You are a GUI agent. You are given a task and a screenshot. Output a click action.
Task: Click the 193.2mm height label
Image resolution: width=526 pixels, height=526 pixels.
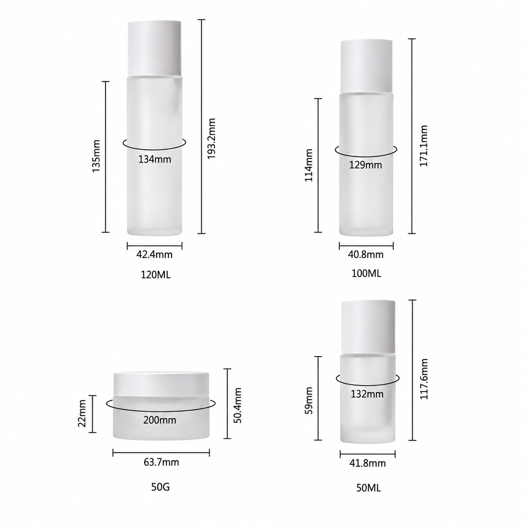pyautogui.click(x=211, y=138)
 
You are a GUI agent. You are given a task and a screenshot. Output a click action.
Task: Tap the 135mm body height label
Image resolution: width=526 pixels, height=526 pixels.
pyautogui.click(x=96, y=156)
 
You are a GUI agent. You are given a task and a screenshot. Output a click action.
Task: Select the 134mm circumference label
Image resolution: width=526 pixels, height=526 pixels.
pyautogui.click(x=155, y=159)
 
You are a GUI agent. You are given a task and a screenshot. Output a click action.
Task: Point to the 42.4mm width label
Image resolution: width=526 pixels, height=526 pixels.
pyautogui.click(x=154, y=255)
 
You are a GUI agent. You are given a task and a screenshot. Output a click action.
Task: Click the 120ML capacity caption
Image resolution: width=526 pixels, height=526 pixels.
pyautogui.click(x=156, y=275)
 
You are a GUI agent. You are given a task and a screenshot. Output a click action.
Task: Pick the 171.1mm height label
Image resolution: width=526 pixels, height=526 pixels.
pyautogui.click(x=423, y=146)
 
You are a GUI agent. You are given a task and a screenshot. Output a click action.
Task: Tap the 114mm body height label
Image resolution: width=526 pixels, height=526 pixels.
pyautogui.click(x=309, y=165)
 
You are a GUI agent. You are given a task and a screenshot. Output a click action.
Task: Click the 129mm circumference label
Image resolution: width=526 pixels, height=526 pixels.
pyautogui.click(x=366, y=165)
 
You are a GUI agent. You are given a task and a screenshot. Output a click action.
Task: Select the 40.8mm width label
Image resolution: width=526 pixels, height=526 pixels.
pyautogui.click(x=366, y=255)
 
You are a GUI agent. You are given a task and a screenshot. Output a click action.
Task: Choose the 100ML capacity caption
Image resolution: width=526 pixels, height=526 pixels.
pyautogui.click(x=366, y=273)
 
